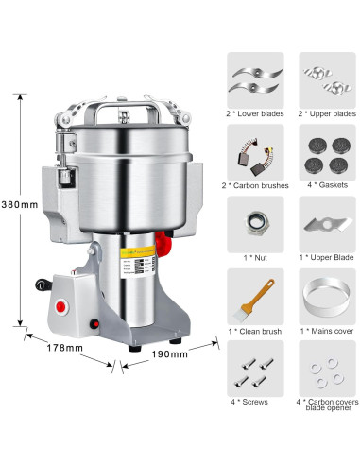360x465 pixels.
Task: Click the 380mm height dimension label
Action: pos(17,203)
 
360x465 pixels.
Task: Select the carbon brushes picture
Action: pos(255,152)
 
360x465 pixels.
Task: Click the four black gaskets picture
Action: pos(327,151)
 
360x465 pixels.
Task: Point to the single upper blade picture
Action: pos(327,224)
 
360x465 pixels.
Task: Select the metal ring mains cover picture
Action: pos(327,298)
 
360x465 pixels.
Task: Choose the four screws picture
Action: pos(255,370)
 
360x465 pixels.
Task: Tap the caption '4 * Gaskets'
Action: pos(327,184)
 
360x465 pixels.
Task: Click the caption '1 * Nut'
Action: pos(255,257)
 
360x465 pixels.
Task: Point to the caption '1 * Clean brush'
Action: pos(255,330)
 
